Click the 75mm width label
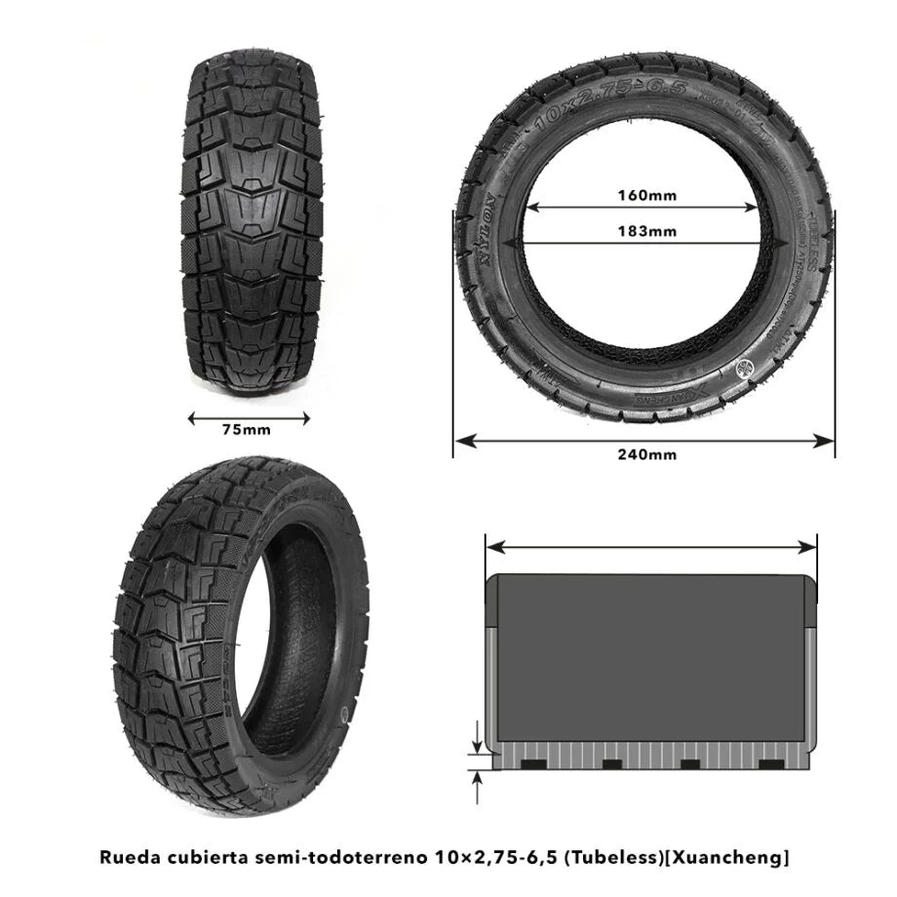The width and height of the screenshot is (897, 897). (x=247, y=430)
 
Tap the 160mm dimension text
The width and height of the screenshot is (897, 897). (x=646, y=194)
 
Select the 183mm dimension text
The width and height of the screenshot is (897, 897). (x=646, y=232)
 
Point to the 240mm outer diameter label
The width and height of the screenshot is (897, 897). (x=646, y=454)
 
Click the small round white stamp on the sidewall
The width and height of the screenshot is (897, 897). (x=748, y=367)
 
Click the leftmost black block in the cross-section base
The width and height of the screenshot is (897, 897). (x=532, y=762)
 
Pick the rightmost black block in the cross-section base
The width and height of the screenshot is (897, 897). (x=769, y=762)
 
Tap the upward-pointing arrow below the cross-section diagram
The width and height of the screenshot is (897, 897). (x=477, y=784)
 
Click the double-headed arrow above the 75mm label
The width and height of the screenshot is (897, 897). (x=248, y=418)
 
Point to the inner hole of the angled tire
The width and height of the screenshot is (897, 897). (x=290, y=644)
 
